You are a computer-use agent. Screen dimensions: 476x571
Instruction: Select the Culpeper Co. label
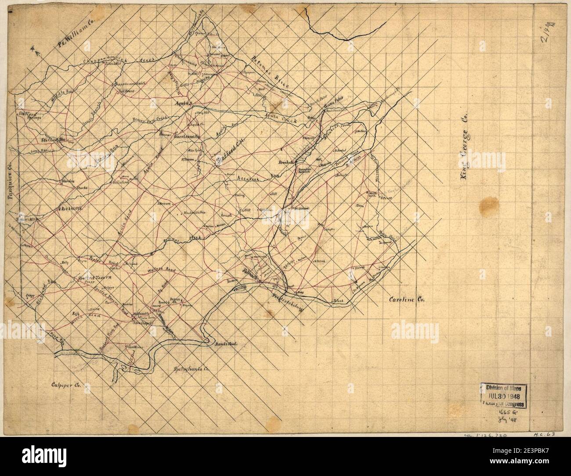[67, 387]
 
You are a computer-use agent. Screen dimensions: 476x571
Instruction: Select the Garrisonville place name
[186, 136]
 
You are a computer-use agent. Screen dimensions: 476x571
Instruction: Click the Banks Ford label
[226, 344]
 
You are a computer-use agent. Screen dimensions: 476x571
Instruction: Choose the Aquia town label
[181, 104]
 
